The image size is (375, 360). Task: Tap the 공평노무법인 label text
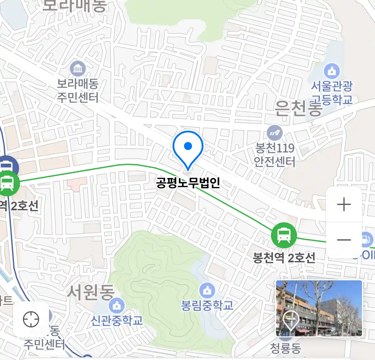[188, 183]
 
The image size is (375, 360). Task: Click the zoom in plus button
[344, 204]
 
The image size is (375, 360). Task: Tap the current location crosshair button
[31, 319]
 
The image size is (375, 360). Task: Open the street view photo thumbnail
[319, 308]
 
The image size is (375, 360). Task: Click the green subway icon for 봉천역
[284, 235]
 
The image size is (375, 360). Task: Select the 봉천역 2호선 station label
[284, 258]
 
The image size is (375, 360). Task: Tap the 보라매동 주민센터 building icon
[78, 69]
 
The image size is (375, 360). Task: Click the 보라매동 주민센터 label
[78, 91]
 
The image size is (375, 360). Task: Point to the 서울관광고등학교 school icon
[332, 71]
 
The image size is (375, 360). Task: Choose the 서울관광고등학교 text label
[332, 93]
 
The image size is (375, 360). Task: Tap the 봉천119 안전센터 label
[275, 155]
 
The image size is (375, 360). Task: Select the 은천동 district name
[298, 108]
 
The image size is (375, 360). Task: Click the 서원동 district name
[91, 292]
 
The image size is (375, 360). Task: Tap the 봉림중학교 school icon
[207, 291]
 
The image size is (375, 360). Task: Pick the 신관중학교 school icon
[117, 305]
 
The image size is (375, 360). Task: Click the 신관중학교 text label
[117, 320]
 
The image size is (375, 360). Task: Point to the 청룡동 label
[285, 349]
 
